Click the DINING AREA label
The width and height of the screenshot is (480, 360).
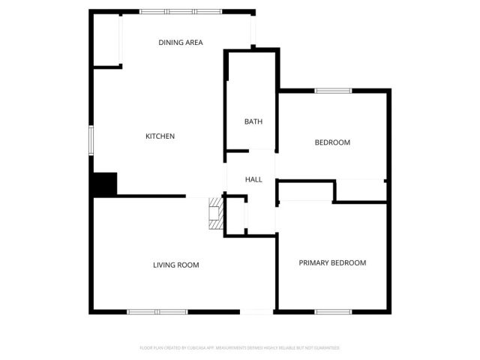click(x=181, y=43)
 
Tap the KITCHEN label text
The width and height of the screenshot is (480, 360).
click(x=160, y=136)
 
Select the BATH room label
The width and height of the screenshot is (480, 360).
click(x=253, y=121)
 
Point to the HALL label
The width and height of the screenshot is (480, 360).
click(x=253, y=180)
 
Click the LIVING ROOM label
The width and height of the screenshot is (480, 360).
click(x=175, y=265)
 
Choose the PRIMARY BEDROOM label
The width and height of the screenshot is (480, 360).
click(x=332, y=262)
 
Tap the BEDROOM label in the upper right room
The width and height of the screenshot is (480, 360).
click(x=332, y=142)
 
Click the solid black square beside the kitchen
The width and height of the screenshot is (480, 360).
click(x=105, y=184)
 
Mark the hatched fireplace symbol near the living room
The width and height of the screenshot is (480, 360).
click(x=216, y=214)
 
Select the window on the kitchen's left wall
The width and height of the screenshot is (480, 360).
click(x=91, y=140)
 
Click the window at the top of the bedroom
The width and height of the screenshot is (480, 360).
click(x=333, y=91)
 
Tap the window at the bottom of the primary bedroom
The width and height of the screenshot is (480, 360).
click(x=333, y=311)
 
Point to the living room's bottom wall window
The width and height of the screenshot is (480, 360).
click(x=157, y=311)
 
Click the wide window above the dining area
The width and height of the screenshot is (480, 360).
click(x=181, y=12)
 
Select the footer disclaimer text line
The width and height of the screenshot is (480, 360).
click(x=240, y=348)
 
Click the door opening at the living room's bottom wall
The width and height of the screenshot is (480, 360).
click(x=256, y=311)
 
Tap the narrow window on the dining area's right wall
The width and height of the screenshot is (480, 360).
click(x=253, y=30)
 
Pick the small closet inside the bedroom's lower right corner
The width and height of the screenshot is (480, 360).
click(x=360, y=190)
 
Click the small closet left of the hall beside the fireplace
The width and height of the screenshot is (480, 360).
click(x=235, y=216)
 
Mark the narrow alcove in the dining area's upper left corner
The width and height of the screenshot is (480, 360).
click(x=106, y=40)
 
